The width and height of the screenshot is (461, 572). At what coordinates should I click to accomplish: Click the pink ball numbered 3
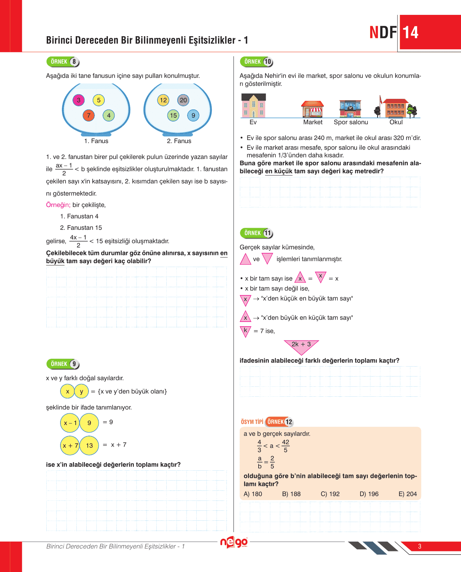(79, 100)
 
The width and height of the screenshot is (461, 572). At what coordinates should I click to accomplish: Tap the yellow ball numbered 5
(99, 100)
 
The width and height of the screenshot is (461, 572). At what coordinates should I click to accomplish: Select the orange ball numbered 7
(89, 115)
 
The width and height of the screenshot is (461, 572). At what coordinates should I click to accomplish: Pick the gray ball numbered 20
(183, 100)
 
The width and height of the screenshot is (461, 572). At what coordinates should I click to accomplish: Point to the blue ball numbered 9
(193, 115)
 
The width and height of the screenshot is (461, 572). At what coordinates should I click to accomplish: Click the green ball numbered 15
(173, 115)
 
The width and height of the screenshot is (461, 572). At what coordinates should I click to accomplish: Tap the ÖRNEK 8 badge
(63, 62)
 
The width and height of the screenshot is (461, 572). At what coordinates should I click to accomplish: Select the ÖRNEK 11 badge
(256, 233)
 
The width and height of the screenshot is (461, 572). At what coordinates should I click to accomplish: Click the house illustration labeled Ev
(253, 106)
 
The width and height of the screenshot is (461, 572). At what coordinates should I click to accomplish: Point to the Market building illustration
(312, 109)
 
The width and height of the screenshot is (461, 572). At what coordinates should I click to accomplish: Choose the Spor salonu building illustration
(350, 109)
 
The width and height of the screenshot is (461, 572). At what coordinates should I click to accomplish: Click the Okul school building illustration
(396, 108)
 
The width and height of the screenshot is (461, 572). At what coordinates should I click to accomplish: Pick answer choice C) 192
(330, 494)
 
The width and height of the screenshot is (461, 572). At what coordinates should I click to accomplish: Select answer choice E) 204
(408, 494)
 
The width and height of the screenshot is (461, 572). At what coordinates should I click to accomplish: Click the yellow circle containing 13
(89, 446)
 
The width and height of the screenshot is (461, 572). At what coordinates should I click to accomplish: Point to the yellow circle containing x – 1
(70, 423)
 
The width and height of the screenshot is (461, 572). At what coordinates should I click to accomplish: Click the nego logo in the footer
(234, 543)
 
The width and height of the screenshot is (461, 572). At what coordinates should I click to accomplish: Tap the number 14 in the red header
(410, 33)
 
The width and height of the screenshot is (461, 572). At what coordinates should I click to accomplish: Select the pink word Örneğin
(58, 205)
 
